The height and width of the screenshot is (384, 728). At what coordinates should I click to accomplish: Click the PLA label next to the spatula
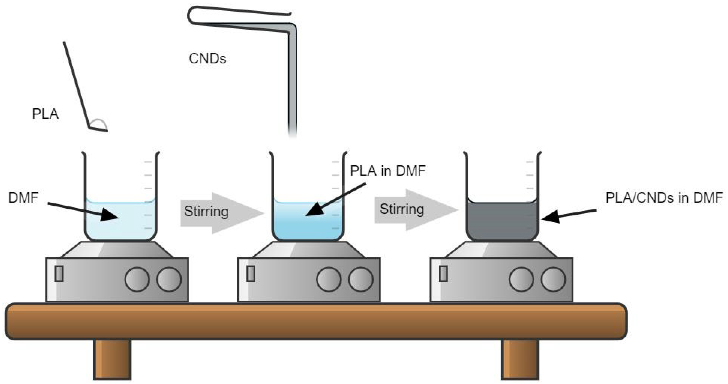pyautogui.click(x=45, y=114)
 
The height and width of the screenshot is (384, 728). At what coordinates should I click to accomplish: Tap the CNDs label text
pyautogui.click(x=207, y=59)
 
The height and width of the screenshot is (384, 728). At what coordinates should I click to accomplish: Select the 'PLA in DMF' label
pyautogui.click(x=388, y=171)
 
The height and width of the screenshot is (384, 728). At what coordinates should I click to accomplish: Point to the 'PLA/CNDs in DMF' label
pyautogui.click(x=664, y=198)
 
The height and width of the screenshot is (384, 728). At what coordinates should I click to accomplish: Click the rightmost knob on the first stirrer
pyautogui.click(x=169, y=279)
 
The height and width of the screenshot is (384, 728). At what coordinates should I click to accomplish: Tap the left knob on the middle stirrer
pyautogui.click(x=329, y=279)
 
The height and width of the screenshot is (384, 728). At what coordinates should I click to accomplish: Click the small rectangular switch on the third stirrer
pyautogui.click(x=443, y=274)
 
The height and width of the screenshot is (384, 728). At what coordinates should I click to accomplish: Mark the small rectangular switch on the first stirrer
pyautogui.click(x=59, y=274)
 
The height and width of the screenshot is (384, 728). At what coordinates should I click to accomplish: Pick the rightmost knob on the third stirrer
pyautogui.click(x=553, y=279)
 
